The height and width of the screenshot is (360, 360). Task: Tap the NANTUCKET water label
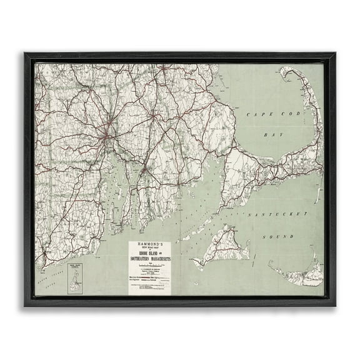coord(274,214)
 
